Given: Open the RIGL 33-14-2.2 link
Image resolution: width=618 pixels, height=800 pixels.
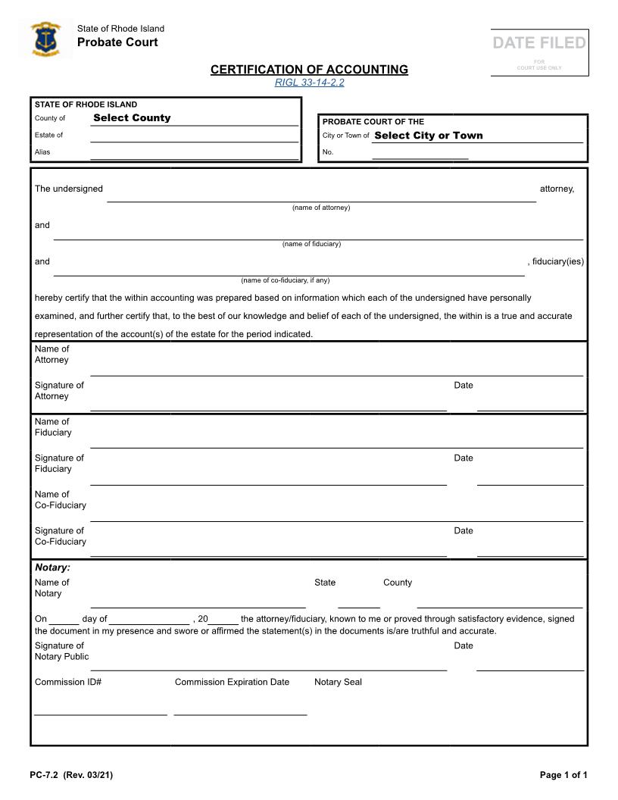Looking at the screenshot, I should pos(309,83).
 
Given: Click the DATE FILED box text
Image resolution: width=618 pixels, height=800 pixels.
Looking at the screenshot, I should pos(539,43).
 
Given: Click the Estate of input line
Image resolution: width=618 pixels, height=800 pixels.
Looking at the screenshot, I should pos(194,136).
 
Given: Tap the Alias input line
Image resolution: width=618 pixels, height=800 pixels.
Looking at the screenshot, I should pos(194,153).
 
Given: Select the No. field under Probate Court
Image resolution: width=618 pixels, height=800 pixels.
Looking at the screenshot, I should pos(420,153).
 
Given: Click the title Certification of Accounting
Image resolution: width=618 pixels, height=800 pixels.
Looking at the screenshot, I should pos(309,70).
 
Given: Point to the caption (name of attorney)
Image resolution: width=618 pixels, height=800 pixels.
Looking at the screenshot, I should pos(321,208).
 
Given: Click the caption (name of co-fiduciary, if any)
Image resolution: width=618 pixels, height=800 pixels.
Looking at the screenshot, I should pos(286,280).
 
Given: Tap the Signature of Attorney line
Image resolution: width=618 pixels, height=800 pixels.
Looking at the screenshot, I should pos(268,404).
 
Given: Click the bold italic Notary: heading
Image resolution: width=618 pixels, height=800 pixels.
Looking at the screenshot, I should pos(52,567).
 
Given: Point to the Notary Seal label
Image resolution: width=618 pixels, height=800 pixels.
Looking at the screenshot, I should pos(338,683).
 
